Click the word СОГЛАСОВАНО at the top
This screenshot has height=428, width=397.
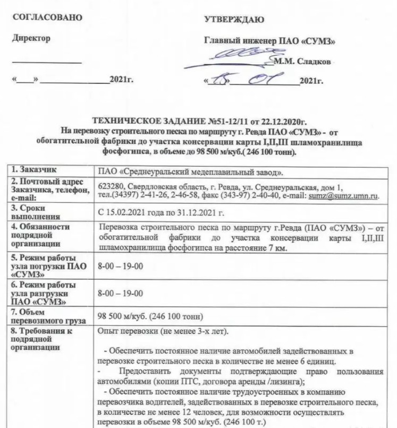(x=47, y=18)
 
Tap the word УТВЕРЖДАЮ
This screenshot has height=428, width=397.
(x=234, y=20)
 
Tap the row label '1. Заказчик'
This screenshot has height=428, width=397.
(x=32, y=172)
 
